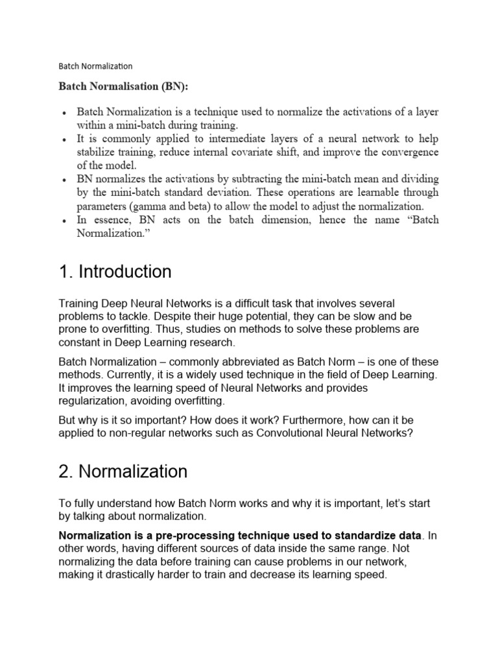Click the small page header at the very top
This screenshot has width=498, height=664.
point(95,65)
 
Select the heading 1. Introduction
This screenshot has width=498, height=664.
point(115,271)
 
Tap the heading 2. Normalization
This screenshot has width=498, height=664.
point(123,471)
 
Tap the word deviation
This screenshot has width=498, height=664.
point(227,193)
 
